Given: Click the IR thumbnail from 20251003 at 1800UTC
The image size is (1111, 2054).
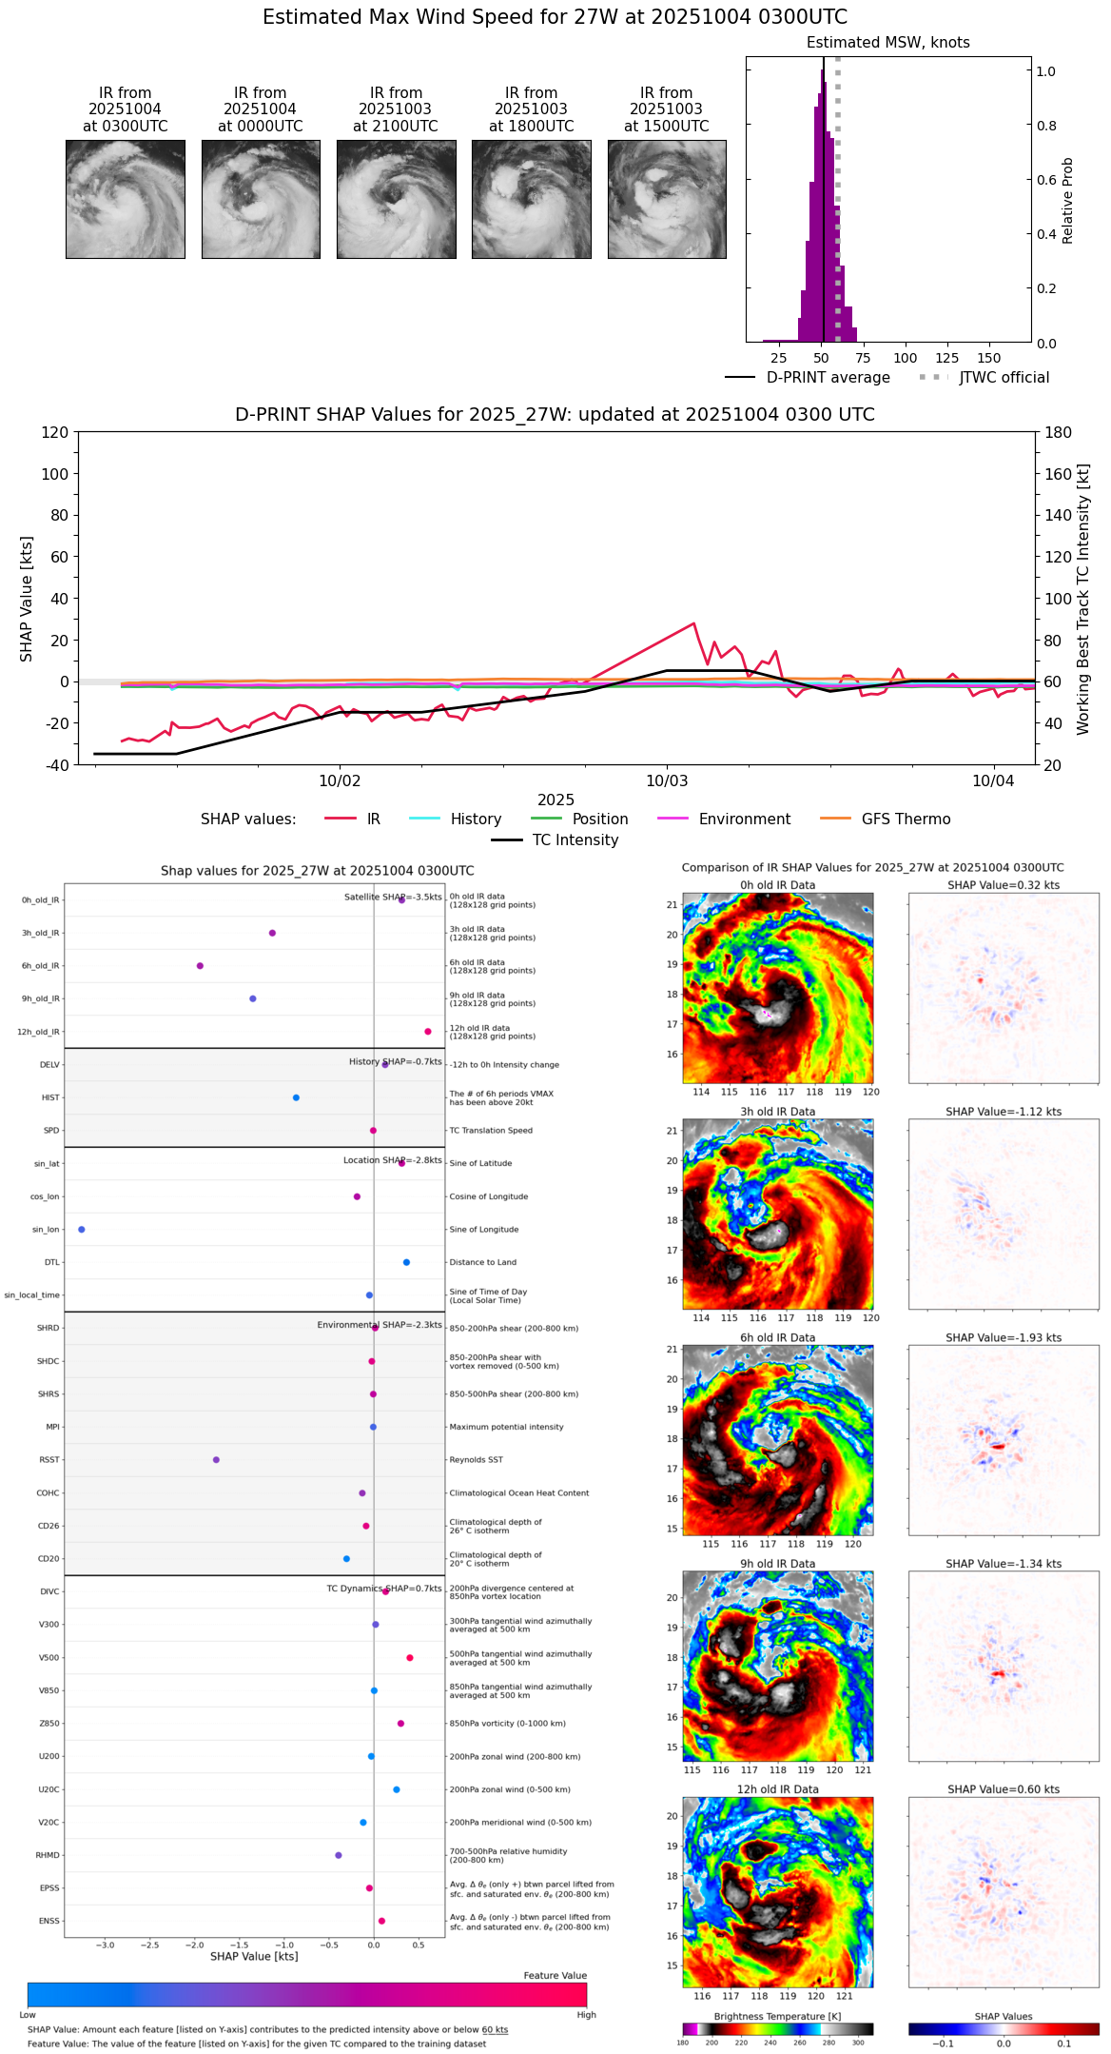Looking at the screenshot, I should [531, 199].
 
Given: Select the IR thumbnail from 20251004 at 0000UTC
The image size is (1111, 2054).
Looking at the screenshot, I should [261, 199].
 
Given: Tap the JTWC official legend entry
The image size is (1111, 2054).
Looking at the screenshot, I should [984, 378].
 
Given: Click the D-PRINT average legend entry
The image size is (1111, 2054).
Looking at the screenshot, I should [809, 378].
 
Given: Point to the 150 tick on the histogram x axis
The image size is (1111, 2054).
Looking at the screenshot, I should [989, 358].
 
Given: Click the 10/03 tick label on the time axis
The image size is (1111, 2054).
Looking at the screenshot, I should [666, 781].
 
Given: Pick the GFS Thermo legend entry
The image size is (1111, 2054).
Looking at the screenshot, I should [886, 820].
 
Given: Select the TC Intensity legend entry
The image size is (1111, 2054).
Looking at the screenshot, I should [555, 840].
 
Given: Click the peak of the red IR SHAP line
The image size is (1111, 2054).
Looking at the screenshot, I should [694, 623].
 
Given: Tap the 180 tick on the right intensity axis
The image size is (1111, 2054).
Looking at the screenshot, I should [1059, 433].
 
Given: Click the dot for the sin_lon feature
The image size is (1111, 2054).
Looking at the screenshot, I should [82, 1230].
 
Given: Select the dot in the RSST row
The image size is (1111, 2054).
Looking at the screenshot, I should [216, 1460].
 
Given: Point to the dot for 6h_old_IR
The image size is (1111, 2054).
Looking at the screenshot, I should [200, 966].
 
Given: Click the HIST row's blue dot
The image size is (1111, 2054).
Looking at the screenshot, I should [296, 1097].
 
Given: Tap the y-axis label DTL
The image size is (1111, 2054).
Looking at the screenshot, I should [51, 1263].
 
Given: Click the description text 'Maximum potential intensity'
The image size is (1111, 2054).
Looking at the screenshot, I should [506, 1427].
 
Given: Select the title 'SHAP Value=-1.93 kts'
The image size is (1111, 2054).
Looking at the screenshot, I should [1004, 1337].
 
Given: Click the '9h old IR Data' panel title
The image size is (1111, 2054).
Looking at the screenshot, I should [777, 1564].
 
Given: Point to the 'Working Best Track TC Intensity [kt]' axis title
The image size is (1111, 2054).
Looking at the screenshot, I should [1082, 600].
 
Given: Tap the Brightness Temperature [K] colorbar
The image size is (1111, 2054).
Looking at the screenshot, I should [777, 2029].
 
